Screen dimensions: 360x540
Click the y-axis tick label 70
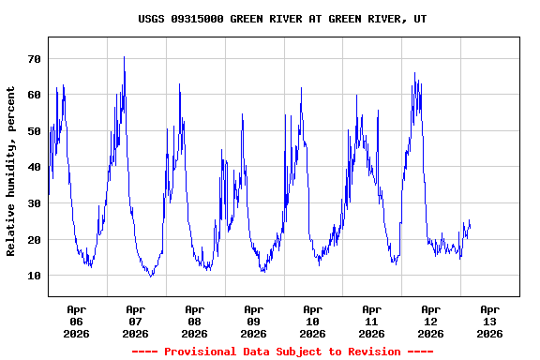point(35,59)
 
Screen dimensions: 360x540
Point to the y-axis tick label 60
point(35,95)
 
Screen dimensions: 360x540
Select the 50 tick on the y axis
point(35,131)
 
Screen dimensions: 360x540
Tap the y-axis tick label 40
point(35,167)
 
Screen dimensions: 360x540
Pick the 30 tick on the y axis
point(35,203)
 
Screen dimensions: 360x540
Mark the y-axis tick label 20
point(35,240)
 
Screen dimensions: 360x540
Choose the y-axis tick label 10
point(35,276)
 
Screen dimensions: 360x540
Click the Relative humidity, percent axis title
point(11,172)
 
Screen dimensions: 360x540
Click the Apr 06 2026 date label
point(77,321)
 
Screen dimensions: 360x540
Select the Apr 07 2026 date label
point(136,321)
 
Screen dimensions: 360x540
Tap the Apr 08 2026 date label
point(195,321)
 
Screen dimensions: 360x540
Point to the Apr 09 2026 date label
point(254,321)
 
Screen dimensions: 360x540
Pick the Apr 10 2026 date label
point(313,321)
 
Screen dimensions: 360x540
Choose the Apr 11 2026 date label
point(372,321)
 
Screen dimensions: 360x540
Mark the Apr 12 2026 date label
point(431,321)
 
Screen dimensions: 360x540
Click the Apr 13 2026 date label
point(489,321)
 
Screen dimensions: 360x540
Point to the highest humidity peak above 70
point(124,57)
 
